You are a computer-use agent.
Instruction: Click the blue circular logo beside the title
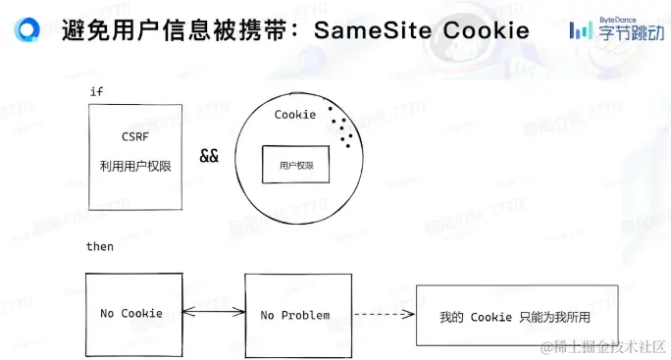[x=28, y=30]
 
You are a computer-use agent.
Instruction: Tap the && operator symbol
[x=209, y=156]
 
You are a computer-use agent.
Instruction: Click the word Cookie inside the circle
[x=295, y=115]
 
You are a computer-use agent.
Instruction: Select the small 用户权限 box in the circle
[x=295, y=165]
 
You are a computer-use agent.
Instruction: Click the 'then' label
[x=100, y=246]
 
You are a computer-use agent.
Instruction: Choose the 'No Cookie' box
[x=131, y=314]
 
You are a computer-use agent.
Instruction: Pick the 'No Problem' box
[x=295, y=314]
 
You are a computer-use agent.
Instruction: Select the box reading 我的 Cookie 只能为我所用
[x=515, y=316]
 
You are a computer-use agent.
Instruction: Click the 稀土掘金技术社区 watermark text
[x=600, y=345]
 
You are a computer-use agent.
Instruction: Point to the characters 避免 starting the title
[x=78, y=30]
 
